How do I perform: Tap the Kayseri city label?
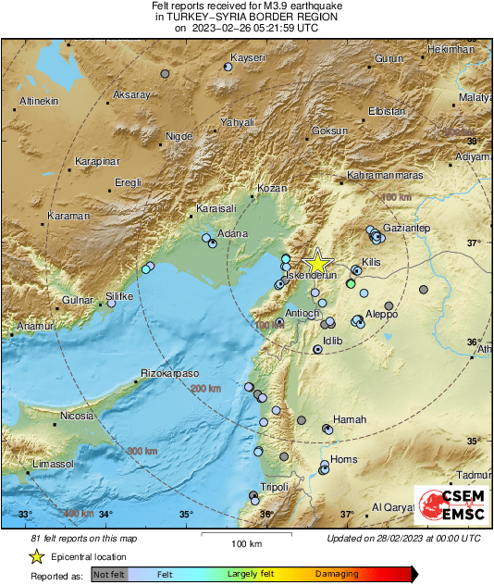[x=247, y=58]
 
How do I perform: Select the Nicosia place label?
[x=77, y=417]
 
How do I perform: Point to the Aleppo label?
[x=380, y=314]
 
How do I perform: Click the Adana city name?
[x=231, y=234]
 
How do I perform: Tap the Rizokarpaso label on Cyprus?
[x=169, y=373]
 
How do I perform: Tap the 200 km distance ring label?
[x=206, y=390]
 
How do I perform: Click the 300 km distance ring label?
[x=142, y=451]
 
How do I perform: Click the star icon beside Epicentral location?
[x=36, y=557]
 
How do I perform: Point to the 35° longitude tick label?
[x=186, y=515]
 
